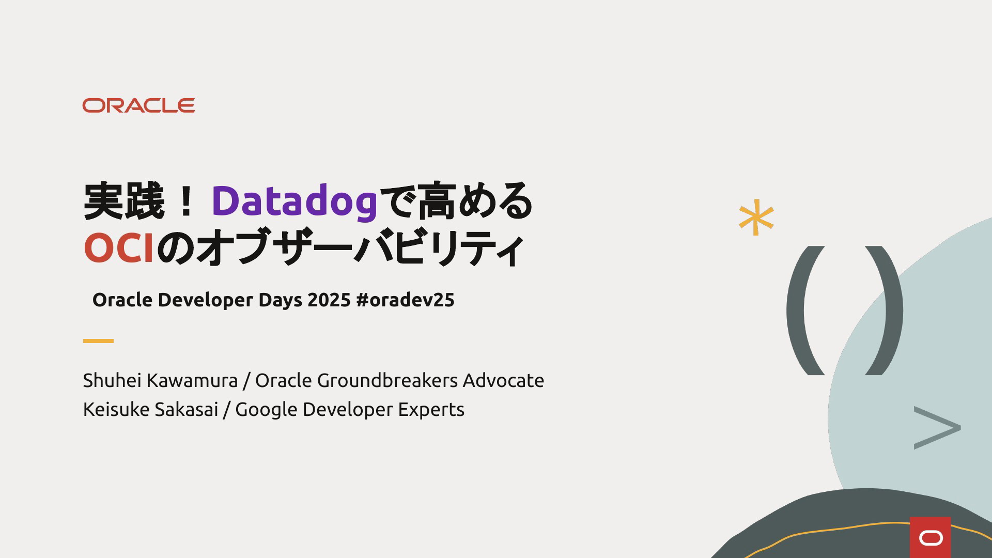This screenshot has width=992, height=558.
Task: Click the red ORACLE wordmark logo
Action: [x=138, y=105]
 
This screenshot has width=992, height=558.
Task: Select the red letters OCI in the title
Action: [x=119, y=248]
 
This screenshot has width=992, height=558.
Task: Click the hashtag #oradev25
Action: [x=406, y=300]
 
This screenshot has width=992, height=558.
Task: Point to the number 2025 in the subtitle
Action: [x=329, y=300]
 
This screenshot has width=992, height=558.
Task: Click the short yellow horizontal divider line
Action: [x=98, y=341]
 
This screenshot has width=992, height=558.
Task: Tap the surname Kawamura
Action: [x=192, y=380]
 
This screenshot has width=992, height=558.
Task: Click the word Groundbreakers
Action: [x=388, y=380]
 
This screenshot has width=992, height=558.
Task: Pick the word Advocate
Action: [x=503, y=380]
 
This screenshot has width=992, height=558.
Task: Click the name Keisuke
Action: [x=116, y=409]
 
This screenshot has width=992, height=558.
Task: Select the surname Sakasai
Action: [x=187, y=409]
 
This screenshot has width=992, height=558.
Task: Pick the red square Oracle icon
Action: [x=930, y=537]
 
